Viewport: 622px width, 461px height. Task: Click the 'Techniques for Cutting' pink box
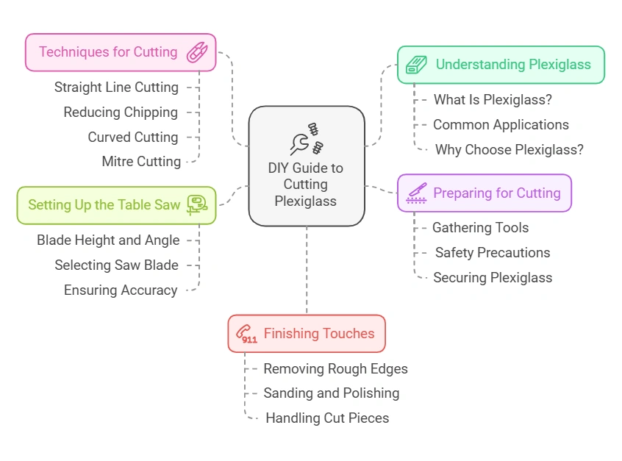click(121, 52)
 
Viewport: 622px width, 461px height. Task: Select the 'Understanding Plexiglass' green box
click(501, 65)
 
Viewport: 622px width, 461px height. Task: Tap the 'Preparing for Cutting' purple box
click(484, 193)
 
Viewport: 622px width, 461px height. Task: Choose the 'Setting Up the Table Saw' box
click(116, 205)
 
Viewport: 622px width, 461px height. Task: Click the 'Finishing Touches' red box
click(307, 334)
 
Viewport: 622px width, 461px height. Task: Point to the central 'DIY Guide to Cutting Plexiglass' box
click(307, 165)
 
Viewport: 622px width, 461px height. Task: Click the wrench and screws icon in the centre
click(307, 138)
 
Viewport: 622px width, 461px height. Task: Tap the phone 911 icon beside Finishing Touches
click(246, 335)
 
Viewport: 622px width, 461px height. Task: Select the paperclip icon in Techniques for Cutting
click(196, 52)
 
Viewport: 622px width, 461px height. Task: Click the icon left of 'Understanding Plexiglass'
click(417, 65)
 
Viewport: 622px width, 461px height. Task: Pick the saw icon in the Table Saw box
click(197, 204)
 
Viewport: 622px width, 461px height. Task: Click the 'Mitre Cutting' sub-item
click(141, 162)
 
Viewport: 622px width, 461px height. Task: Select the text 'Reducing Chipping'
click(121, 112)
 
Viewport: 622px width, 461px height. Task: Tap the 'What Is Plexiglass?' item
click(493, 100)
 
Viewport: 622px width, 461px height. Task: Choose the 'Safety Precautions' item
click(493, 253)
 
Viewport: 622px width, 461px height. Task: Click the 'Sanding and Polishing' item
click(332, 393)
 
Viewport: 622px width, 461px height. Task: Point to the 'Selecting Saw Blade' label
click(116, 265)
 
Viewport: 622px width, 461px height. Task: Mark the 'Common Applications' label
click(501, 125)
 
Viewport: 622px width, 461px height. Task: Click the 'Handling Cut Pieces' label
click(327, 418)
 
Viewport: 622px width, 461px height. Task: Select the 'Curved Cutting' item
click(133, 137)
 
